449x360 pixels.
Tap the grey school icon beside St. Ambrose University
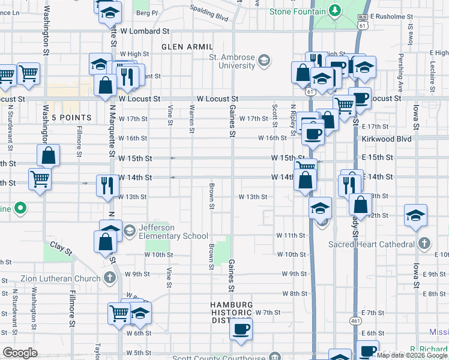click(264, 60)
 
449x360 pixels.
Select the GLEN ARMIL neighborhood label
click(187, 47)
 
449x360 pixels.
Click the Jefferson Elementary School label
click(173, 232)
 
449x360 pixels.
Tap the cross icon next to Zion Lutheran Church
click(109, 278)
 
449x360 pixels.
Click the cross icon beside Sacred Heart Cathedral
click(424, 244)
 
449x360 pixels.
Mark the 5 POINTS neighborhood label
click(71, 118)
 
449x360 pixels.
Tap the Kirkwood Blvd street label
click(386, 138)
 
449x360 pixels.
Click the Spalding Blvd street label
click(209, 13)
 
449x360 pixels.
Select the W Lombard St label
click(145, 31)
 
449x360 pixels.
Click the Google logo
click(20, 353)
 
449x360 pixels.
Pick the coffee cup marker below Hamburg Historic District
click(241, 330)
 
